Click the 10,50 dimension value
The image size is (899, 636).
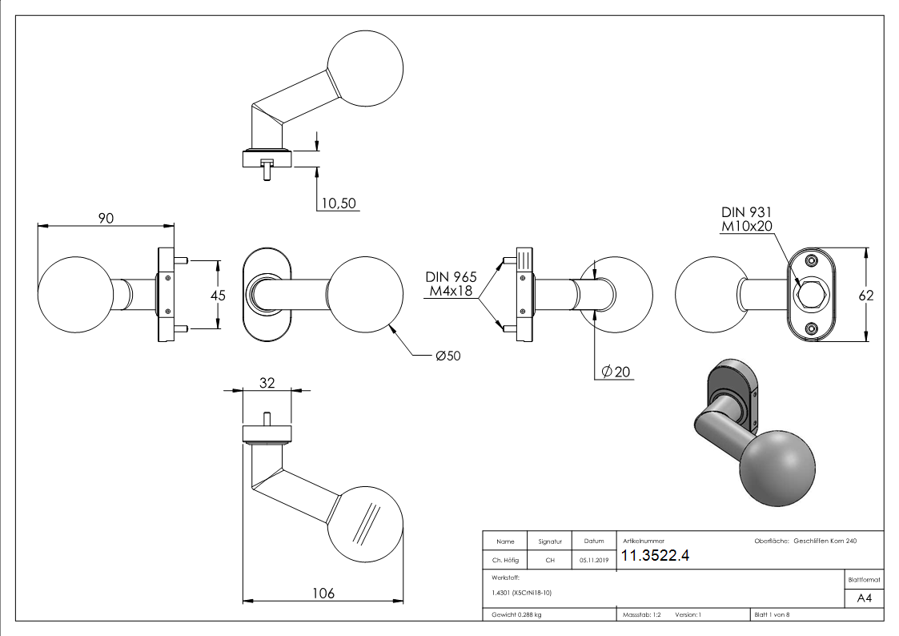[x=338, y=203]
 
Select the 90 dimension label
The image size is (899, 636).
[x=106, y=219]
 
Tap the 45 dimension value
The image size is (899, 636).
[x=216, y=295]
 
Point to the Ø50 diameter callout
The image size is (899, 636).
[x=449, y=356]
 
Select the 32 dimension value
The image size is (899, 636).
[x=267, y=383]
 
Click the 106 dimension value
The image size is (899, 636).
[x=322, y=593]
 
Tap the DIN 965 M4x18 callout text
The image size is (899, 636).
[x=451, y=284]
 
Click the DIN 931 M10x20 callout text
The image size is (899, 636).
[x=748, y=219]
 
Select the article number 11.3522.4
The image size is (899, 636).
[x=655, y=557]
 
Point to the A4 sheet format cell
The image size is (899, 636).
[x=864, y=598]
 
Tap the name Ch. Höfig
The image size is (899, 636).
[x=504, y=561]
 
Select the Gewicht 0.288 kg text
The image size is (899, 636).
[x=516, y=615]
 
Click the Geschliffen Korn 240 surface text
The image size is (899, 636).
[x=825, y=541]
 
